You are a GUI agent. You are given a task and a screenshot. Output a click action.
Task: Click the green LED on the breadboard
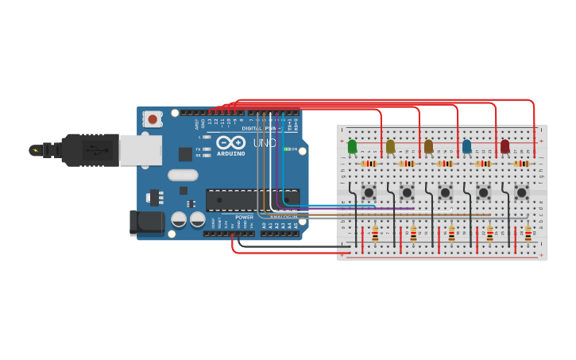click(x=352, y=147)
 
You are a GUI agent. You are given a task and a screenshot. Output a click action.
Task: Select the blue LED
click(x=466, y=147)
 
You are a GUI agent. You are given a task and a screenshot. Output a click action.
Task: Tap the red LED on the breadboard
click(x=504, y=147)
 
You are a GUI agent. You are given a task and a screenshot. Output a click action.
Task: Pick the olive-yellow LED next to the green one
click(x=390, y=147)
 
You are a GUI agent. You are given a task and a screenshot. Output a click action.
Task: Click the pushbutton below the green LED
click(x=369, y=192)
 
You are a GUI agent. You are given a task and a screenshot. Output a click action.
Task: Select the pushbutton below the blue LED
click(x=483, y=192)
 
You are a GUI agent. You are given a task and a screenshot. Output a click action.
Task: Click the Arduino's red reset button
click(x=152, y=119)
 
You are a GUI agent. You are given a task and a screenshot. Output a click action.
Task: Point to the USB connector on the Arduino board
click(x=141, y=149)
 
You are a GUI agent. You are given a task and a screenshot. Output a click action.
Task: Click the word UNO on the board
click(x=264, y=143)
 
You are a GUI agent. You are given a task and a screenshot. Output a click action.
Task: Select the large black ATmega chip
click(x=253, y=200)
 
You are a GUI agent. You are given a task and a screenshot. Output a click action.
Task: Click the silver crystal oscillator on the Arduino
click(x=182, y=174)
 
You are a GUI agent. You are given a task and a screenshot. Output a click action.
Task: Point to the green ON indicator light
click(x=287, y=149)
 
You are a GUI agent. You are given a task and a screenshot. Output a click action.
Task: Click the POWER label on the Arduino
click(x=244, y=217)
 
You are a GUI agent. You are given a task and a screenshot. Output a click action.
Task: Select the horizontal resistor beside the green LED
click(x=369, y=164)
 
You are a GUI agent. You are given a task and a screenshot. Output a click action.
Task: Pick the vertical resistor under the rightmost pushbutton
click(x=528, y=234)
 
